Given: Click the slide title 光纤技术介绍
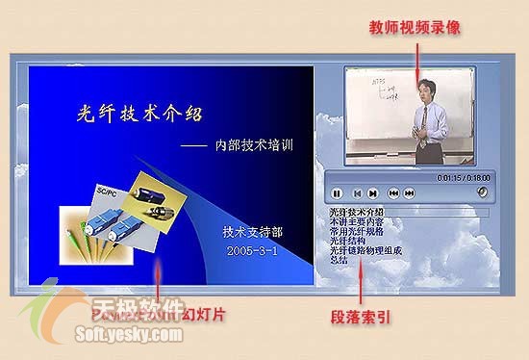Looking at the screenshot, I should tap(139, 114).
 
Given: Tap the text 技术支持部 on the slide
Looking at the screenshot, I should tap(252, 232).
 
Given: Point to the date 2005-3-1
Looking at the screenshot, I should tap(252, 250).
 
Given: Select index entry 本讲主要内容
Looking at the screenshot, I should tap(356, 222).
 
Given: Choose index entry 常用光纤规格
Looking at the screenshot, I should tap(356, 232).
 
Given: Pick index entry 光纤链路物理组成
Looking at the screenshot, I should tap(365, 250).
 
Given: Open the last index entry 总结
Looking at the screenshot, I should tap(339, 260).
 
